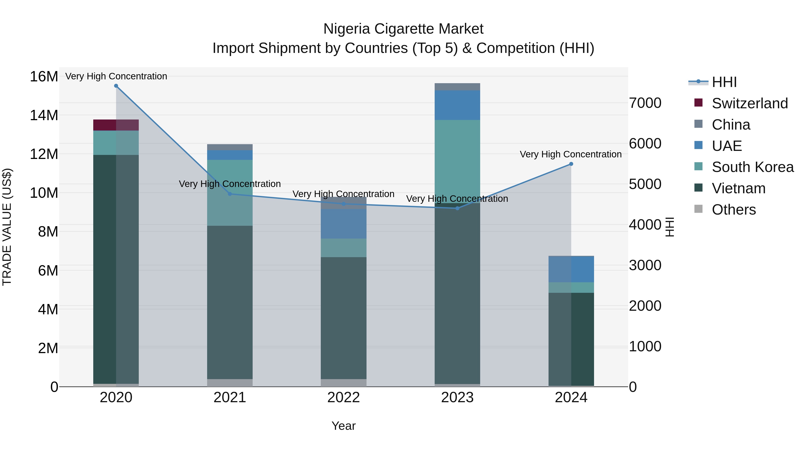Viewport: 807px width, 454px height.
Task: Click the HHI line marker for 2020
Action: pos(116,86)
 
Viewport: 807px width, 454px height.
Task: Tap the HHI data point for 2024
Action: pos(571,164)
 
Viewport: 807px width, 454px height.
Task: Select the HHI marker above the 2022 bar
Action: pos(343,204)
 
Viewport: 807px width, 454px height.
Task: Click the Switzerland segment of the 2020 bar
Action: pos(116,125)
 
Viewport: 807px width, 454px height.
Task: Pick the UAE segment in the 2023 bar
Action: pos(457,105)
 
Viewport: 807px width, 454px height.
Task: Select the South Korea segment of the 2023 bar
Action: pos(457,161)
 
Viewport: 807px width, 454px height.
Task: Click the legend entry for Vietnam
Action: pos(738,188)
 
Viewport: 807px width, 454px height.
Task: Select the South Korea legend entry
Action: pos(753,167)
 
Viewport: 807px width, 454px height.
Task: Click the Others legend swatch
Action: pos(698,209)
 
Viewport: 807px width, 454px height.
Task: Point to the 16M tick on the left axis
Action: pos(44,76)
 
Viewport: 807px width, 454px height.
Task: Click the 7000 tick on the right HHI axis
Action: pos(645,103)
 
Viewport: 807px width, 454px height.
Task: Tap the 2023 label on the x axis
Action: pos(457,398)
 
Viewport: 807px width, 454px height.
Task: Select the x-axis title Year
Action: pos(343,426)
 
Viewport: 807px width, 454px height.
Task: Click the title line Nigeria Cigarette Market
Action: pos(403,29)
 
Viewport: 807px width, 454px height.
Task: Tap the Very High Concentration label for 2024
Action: pos(571,154)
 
